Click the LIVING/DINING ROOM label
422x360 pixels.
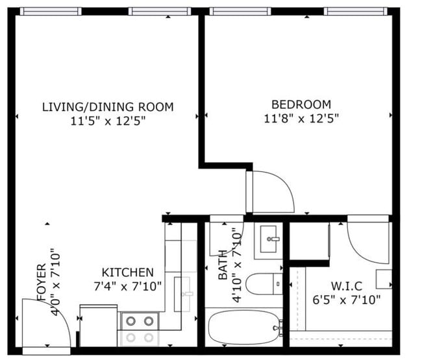coord(108,107)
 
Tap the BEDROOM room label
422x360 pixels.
coord(301,104)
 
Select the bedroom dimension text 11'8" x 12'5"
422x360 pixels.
coord(301,118)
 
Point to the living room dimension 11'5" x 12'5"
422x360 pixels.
coord(108,121)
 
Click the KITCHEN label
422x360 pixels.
coord(127,272)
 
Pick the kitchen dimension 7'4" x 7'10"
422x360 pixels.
coord(127,286)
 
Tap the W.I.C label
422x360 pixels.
coord(347,286)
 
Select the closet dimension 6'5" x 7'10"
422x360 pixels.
coord(347,300)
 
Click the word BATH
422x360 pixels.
coord(223,265)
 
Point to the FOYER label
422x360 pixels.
coord(42,282)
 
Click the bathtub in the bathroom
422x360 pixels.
coord(244,327)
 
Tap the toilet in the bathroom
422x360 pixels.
coord(264,284)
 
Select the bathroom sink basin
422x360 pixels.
coord(268,239)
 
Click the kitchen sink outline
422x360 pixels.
coord(182,294)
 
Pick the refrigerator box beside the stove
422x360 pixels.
coord(99,326)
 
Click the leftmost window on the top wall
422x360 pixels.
coord(51,11)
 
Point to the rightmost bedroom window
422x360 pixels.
coord(355,11)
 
